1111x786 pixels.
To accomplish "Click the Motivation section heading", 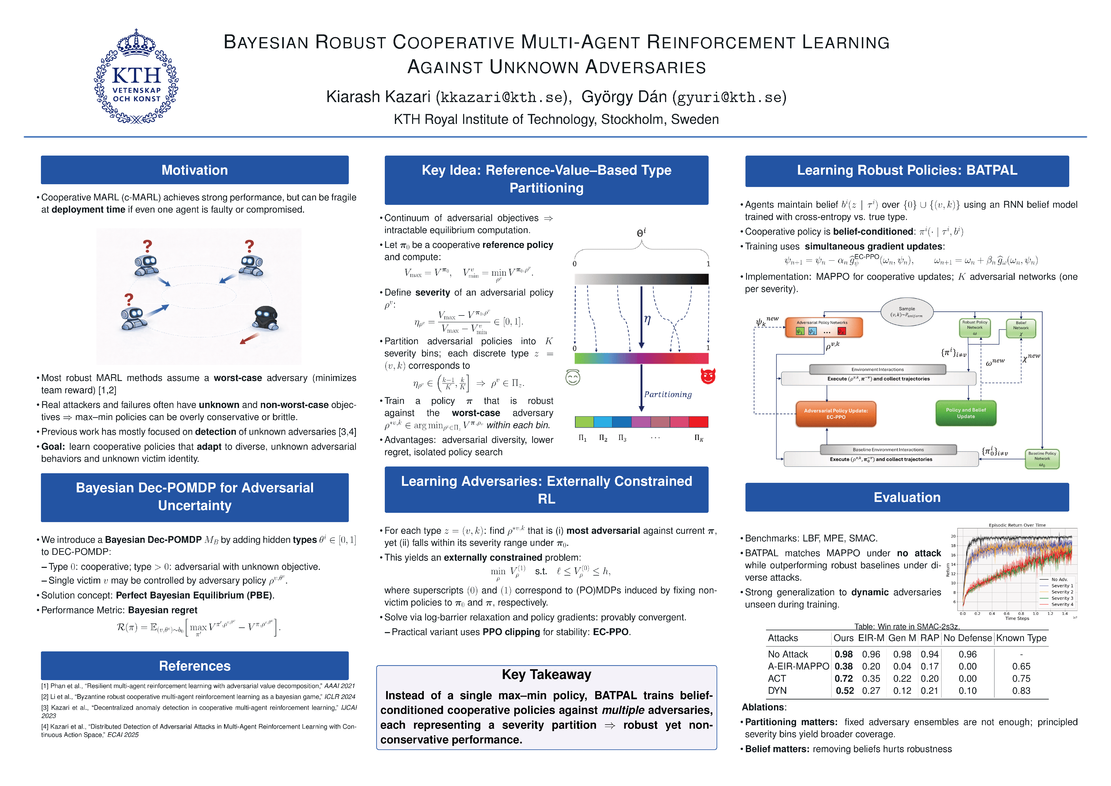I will point(195,170).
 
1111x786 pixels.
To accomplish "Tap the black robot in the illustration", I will point(265,318).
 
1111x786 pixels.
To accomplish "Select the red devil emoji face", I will point(708,376).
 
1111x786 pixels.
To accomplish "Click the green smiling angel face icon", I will point(573,377).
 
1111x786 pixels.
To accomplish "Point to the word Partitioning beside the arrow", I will point(668,394).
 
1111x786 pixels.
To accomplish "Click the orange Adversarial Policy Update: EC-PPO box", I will point(836,414).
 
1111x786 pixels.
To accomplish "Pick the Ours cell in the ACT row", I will point(843,678).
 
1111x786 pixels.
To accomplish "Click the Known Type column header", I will point(1021,638).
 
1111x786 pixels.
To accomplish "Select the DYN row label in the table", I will point(777,691).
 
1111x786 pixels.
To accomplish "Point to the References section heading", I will point(195,666).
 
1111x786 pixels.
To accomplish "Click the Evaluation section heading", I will point(907,498).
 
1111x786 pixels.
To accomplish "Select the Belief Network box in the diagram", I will point(1020,328).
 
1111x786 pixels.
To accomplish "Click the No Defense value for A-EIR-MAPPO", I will point(967,666).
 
